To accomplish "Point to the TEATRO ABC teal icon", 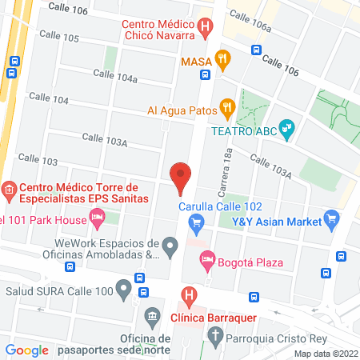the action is coord(289,128).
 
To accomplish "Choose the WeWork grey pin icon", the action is coord(170,245).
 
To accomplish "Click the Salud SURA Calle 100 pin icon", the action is coord(123,286).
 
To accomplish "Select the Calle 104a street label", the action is coord(115,76).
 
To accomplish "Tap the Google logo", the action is coord(26,350).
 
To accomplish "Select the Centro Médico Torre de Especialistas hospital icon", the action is coord(9,190).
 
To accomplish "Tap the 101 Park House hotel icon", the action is coord(97,215).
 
